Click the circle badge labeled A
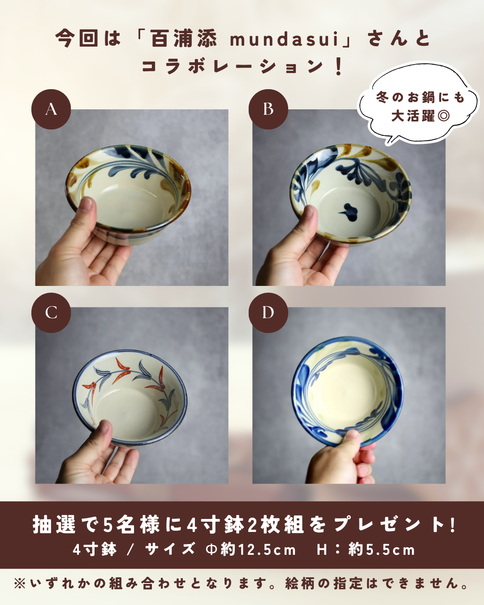(x=51, y=109)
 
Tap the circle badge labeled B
(x=268, y=109)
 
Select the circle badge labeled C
(x=51, y=313)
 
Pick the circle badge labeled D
(x=268, y=313)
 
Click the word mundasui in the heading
(x=284, y=39)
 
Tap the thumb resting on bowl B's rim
(x=307, y=222)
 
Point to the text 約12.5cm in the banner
(x=258, y=550)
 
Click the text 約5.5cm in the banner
(x=382, y=550)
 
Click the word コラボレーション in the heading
(x=233, y=67)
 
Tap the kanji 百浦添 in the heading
(x=184, y=39)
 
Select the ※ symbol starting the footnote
(x=20, y=584)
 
